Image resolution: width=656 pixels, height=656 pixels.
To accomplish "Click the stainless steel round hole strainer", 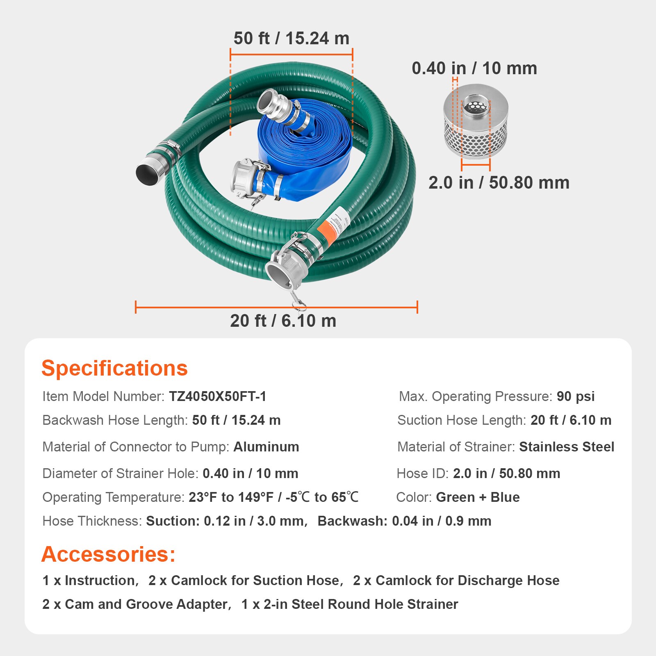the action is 476,121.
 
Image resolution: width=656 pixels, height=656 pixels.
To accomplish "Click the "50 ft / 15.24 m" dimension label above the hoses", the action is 292,39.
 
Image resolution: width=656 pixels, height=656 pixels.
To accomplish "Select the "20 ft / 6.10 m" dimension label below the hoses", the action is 283,321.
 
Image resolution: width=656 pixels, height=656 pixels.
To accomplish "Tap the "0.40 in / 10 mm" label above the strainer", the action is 474,68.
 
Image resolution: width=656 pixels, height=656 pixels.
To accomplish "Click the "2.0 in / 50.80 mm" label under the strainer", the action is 499,182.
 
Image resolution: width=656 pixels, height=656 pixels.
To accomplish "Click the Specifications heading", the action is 114,368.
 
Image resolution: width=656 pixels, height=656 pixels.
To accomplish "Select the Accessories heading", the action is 108,554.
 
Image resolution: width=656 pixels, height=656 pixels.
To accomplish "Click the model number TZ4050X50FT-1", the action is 218,396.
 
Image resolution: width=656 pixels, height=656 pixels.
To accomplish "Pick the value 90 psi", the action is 576,396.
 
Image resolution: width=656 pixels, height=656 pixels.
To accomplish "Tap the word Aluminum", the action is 266,447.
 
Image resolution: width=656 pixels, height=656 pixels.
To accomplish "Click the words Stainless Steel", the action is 567,447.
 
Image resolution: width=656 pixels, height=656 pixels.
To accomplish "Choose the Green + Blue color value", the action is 478,497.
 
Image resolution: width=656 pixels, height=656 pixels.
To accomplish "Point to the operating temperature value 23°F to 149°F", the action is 231,497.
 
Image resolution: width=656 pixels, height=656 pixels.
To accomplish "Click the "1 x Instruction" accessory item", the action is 89,581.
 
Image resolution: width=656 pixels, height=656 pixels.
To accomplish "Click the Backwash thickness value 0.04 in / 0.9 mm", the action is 442,521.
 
